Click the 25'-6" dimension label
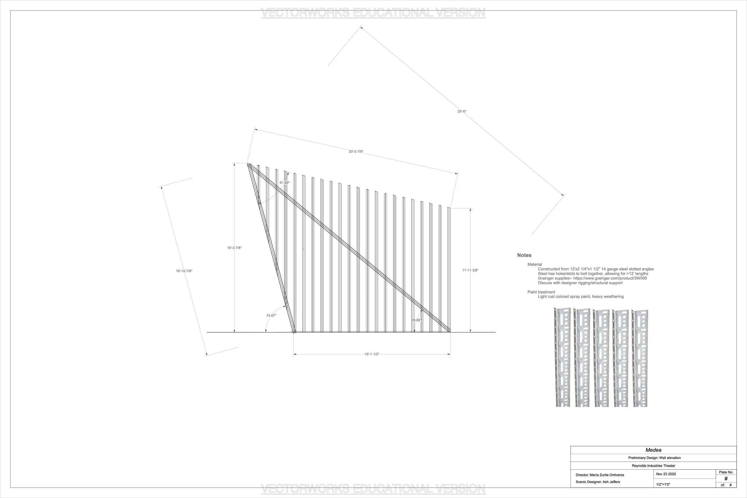[462, 111]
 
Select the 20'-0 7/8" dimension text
[356, 151]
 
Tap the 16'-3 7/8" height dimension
[234, 248]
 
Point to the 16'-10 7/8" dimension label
[184, 271]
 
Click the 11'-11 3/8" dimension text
[470, 270]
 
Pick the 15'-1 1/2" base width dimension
[372, 354]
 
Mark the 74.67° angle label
[271, 315]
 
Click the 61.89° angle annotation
[284, 183]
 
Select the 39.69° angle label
[417, 320]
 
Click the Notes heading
[524, 255]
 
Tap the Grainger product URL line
[592, 278]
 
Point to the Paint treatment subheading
[541, 292]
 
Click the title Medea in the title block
[653, 450]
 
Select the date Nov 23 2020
[666, 474]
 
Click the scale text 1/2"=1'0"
[663, 485]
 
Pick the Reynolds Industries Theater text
[653, 466]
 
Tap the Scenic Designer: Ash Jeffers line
[598, 482]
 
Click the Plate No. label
[726, 472]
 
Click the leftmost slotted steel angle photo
[562, 357]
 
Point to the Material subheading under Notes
[535, 264]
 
